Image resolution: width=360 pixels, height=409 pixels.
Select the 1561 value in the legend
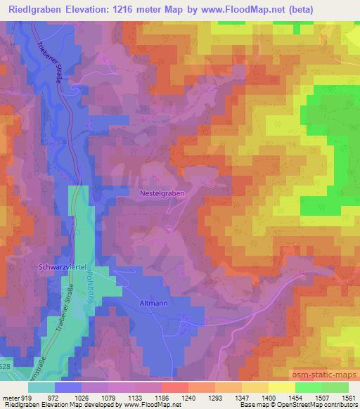pyautogui.click(x=347, y=397)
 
